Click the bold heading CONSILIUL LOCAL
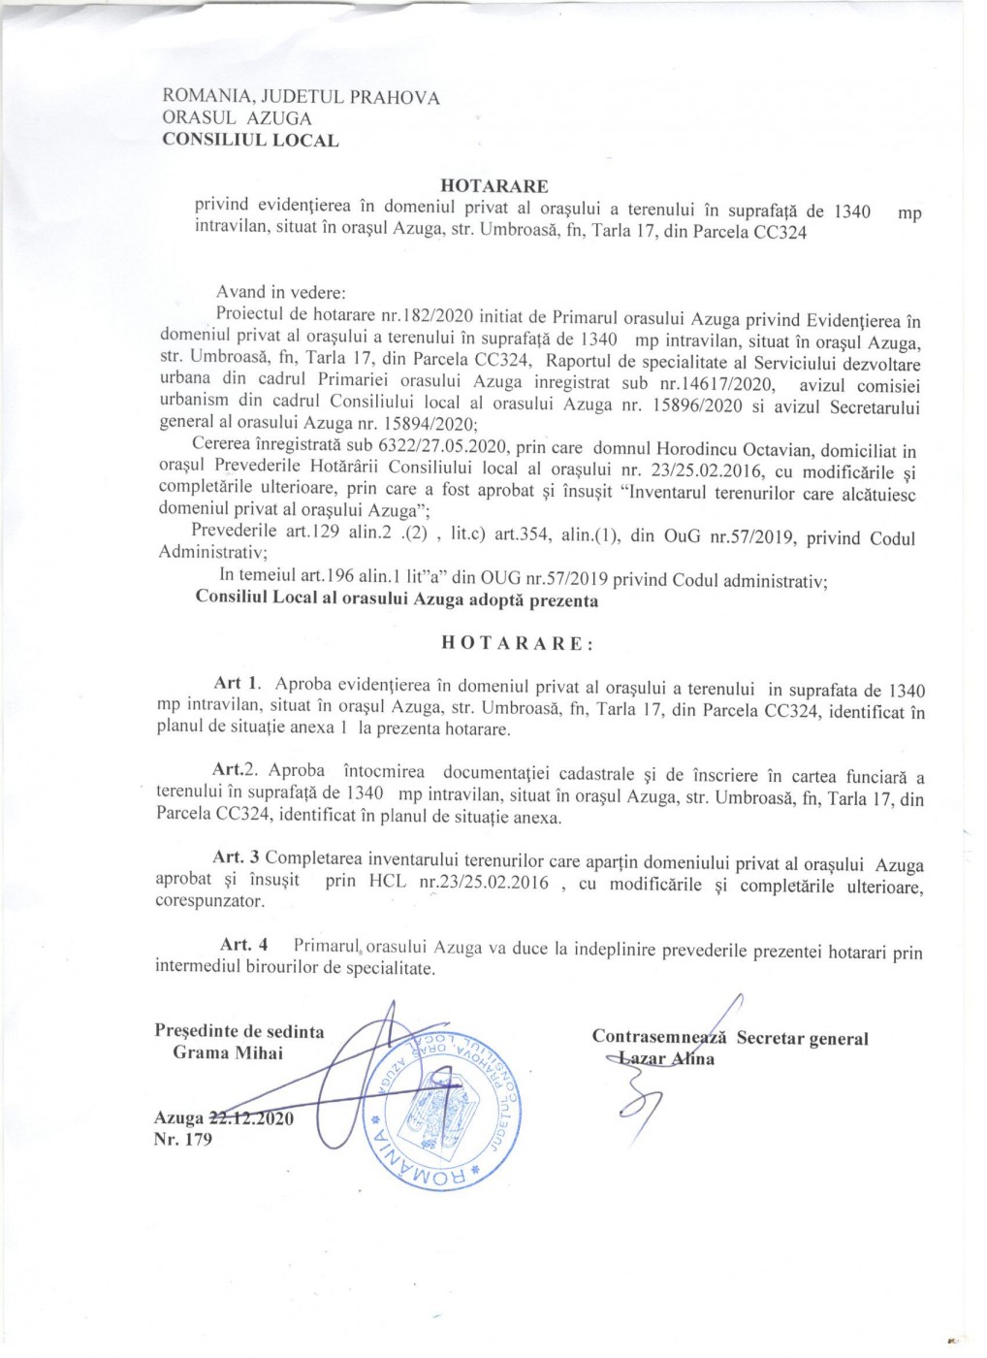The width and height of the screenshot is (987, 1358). (x=250, y=140)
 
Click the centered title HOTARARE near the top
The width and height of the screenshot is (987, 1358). (x=493, y=185)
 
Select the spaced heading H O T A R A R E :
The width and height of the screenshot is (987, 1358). (x=518, y=643)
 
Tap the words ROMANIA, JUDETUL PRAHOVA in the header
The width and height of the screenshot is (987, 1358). (x=301, y=97)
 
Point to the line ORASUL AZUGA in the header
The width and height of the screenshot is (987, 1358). (x=237, y=118)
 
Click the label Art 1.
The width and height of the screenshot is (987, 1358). (x=238, y=684)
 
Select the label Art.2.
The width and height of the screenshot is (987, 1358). (x=235, y=770)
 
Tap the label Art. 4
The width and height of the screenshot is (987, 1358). (x=243, y=945)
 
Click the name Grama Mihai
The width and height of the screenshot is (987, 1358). (x=228, y=1052)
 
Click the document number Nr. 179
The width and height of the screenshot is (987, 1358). (x=182, y=1140)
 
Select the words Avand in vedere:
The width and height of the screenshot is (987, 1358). (x=280, y=292)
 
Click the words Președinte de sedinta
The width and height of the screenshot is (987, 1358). (x=239, y=1031)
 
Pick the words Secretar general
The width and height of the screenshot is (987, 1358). (x=802, y=1039)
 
